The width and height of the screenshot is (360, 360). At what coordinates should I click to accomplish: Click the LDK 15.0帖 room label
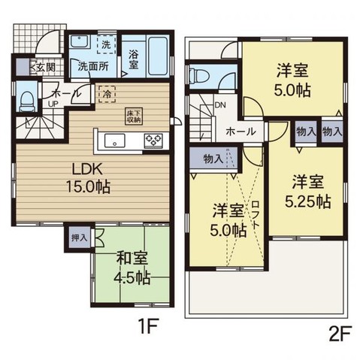(88, 177)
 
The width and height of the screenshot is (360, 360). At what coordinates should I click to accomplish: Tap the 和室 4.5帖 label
(132, 268)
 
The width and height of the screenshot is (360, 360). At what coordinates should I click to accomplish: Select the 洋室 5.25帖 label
(308, 192)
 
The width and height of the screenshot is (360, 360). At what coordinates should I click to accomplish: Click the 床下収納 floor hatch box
(134, 116)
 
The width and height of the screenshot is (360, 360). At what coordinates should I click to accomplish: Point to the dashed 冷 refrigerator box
(107, 94)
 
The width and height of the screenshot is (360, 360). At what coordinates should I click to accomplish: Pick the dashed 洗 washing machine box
(106, 44)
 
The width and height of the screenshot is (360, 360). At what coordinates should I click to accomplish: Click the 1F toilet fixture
(26, 101)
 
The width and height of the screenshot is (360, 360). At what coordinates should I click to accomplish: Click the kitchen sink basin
(115, 141)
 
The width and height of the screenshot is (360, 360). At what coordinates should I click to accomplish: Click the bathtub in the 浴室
(158, 56)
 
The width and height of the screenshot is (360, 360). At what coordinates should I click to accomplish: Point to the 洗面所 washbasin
(79, 41)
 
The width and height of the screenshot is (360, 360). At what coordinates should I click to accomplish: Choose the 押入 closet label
(80, 237)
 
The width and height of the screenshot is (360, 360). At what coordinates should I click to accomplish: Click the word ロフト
(256, 214)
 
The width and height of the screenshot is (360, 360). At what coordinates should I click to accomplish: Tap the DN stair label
(220, 105)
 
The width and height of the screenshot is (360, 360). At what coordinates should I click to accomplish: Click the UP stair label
(53, 104)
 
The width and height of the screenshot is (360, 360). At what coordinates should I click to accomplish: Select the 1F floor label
(148, 325)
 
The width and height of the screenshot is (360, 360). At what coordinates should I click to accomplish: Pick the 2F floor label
(340, 333)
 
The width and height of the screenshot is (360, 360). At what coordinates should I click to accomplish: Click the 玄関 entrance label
(45, 67)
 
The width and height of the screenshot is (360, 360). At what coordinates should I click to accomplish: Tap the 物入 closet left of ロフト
(213, 158)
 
